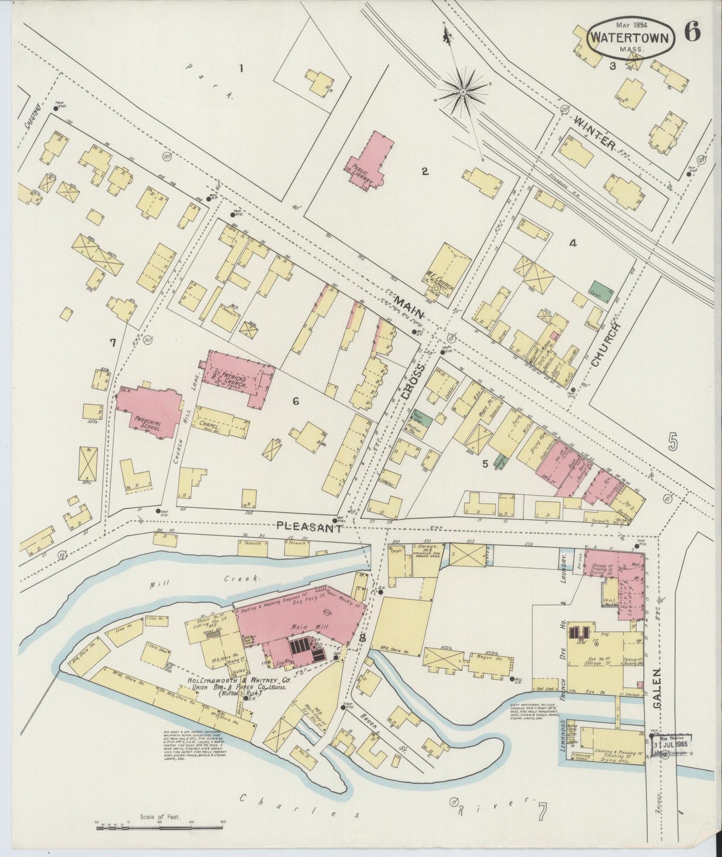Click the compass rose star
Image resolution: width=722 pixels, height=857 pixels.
463,92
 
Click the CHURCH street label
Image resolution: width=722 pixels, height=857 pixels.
605,344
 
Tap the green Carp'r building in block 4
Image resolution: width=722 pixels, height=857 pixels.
600,291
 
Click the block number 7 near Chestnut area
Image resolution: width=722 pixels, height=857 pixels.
113,342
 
